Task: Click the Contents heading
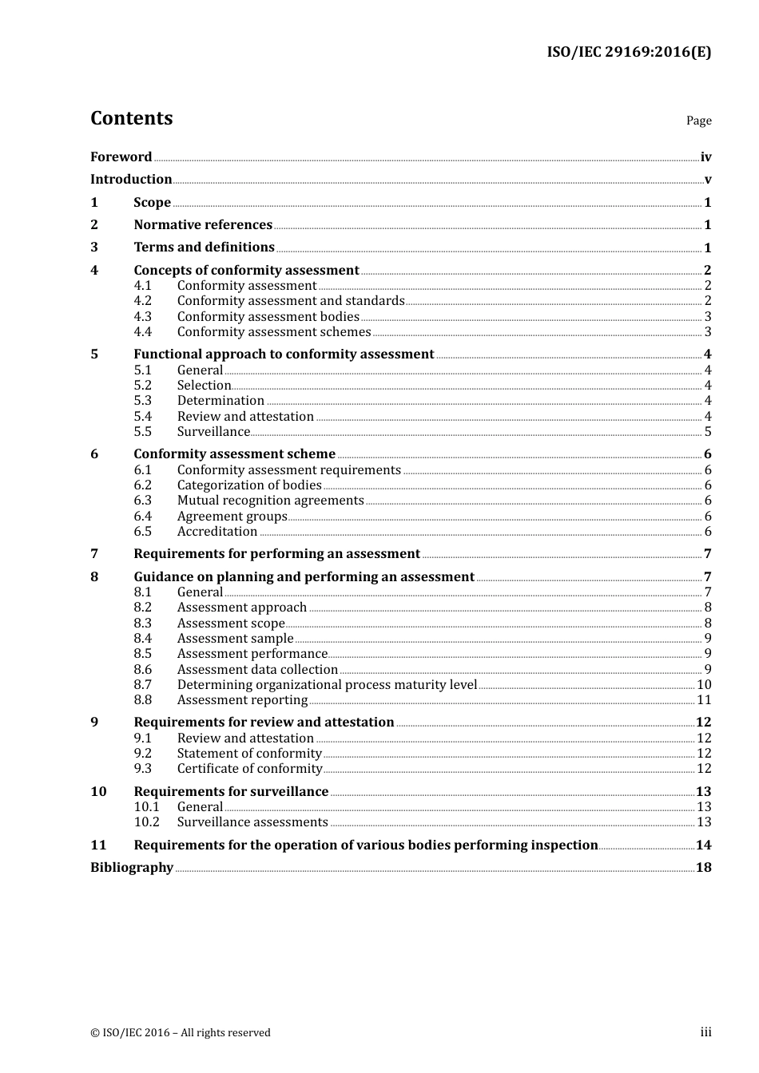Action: pos(131,118)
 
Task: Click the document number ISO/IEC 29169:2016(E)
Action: pos(629,53)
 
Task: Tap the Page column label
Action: pos(698,121)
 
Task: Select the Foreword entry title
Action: pos(121,156)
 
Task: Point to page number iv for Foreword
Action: pos(705,156)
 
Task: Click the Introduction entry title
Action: pos(131,179)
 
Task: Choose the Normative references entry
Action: pos(203,224)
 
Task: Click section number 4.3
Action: pos(142,316)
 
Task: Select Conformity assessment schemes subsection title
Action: pos(274,331)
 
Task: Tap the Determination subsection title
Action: pos(221,400)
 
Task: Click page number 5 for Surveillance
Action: pos(708,431)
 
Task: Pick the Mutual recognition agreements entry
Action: pos(270,500)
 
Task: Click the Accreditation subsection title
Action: pos(217,531)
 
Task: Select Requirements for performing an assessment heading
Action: pos(276,553)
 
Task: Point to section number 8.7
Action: pos(142,684)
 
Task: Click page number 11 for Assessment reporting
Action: pos(704,699)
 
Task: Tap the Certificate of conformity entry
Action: pos(249,768)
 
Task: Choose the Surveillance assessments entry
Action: pos(252,822)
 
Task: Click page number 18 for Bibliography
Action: pos(704,867)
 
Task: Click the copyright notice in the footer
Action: pos(181,1032)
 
